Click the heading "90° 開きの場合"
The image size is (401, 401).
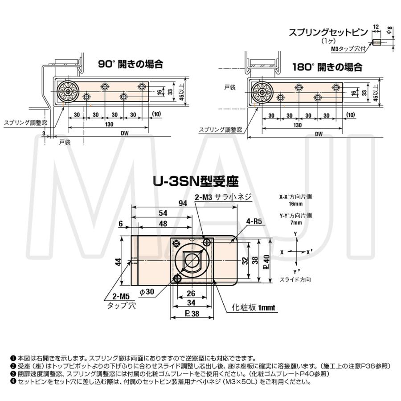click(x=130, y=64)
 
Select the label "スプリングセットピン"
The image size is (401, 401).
click(x=327, y=33)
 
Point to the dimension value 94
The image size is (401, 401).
click(x=182, y=203)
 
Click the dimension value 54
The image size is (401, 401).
click(x=163, y=213)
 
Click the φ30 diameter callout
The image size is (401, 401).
click(x=147, y=291)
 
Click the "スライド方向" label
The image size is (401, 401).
click(x=295, y=280)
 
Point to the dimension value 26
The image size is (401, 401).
click(x=190, y=294)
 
